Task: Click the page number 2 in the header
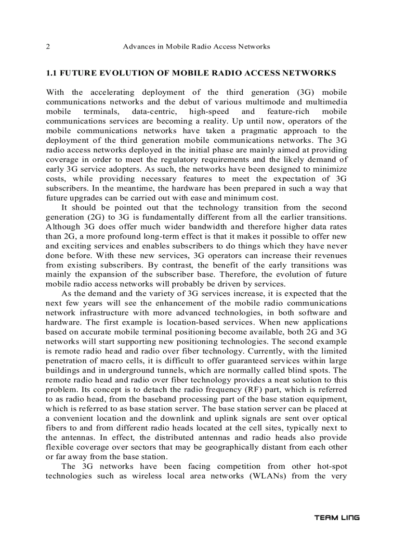click(x=48, y=47)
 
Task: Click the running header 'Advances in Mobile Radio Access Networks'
click(x=196, y=47)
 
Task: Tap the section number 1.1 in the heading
click(x=52, y=73)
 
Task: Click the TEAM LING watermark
click(x=337, y=518)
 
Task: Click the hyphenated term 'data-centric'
click(x=146, y=111)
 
